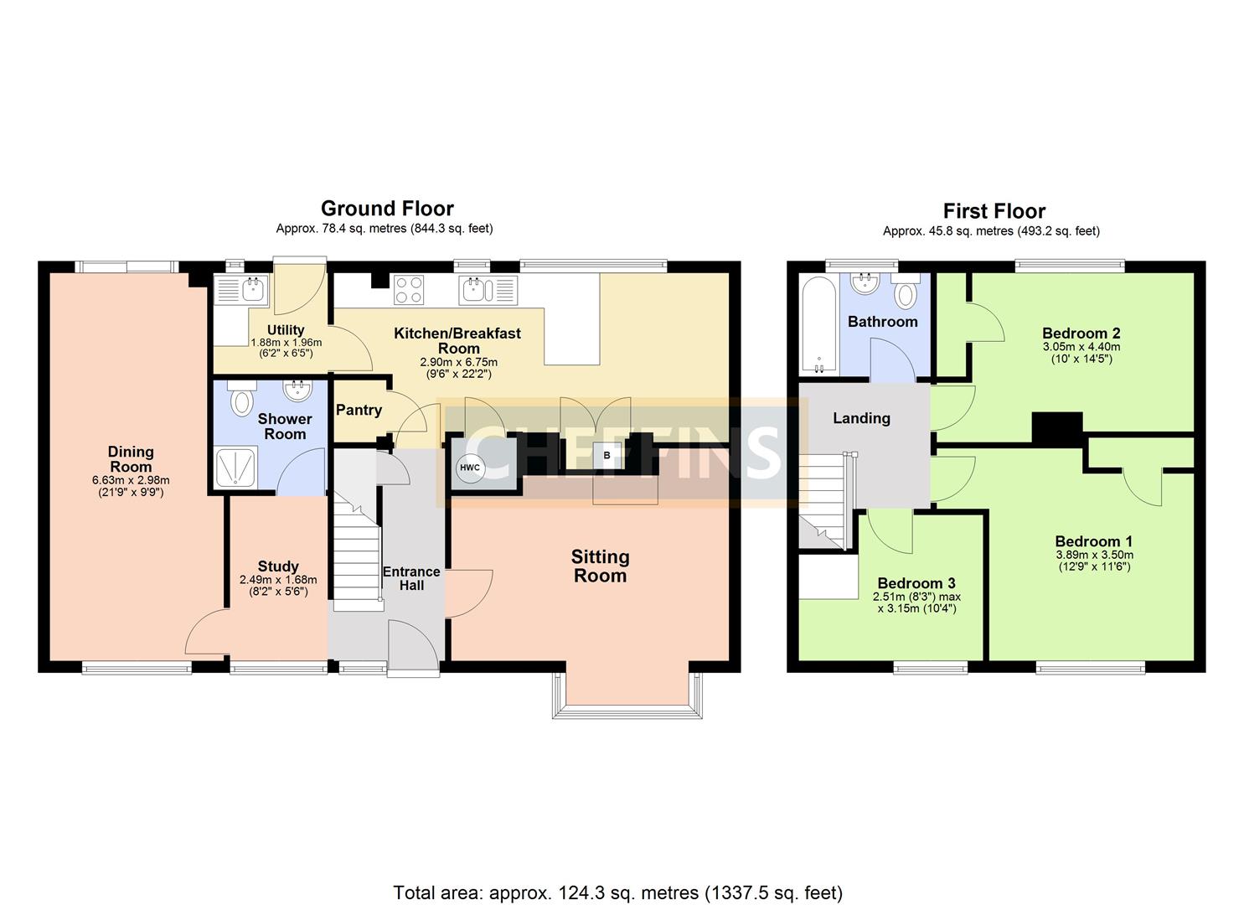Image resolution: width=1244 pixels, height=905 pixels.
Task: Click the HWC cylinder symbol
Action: [x=470, y=468]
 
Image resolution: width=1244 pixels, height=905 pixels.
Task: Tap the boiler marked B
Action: [x=607, y=456]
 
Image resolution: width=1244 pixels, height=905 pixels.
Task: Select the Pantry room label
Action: [x=359, y=410]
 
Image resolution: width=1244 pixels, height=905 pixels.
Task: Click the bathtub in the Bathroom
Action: [x=818, y=325]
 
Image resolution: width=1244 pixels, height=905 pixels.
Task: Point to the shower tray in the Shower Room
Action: [x=235, y=468]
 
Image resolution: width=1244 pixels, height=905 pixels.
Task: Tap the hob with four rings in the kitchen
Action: [x=409, y=290]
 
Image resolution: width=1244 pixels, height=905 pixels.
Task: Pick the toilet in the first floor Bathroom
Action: [x=906, y=291]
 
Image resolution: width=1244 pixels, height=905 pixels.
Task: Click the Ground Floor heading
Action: [x=387, y=209]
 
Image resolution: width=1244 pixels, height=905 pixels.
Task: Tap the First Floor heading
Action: [x=994, y=211]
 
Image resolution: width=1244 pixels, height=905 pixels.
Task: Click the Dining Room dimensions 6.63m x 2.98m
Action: [x=131, y=480]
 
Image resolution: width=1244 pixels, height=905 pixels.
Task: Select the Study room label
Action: [x=278, y=566]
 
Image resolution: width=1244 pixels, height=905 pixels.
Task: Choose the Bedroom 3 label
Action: [x=916, y=582]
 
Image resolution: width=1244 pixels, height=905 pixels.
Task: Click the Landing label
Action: [x=861, y=418]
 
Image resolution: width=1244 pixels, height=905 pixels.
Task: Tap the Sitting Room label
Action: [x=601, y=566]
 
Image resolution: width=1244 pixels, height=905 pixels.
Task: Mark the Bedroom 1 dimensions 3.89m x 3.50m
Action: [x=1095, y=555]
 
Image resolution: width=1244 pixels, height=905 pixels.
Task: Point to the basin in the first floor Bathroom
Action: [x=865, y=283]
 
